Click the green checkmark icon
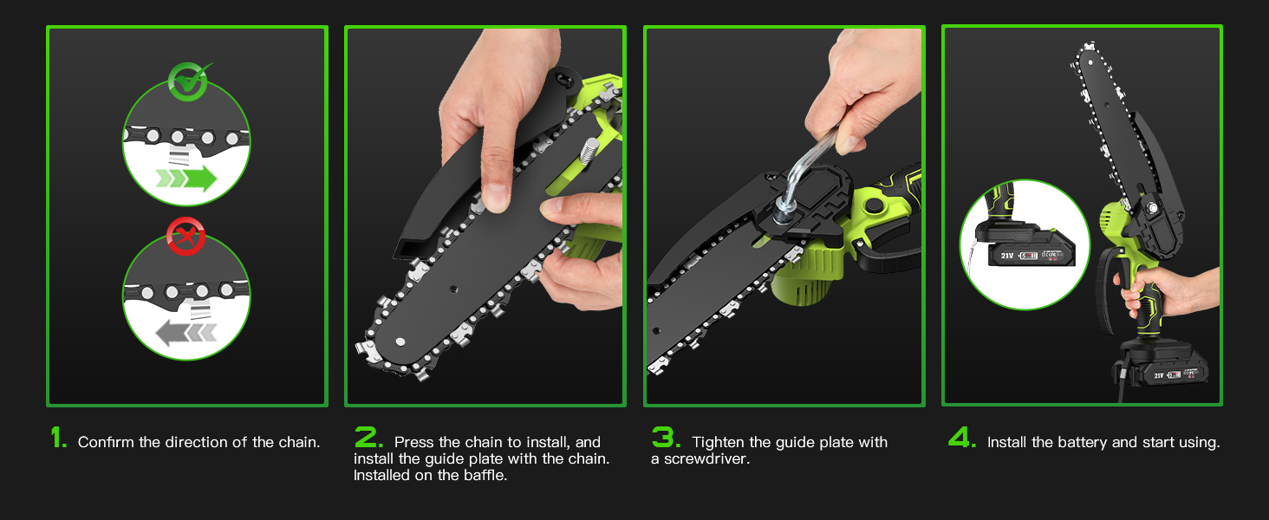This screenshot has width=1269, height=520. (189, 81)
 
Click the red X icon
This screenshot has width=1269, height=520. (185, 237)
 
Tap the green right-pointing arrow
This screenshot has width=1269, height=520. (186, 179)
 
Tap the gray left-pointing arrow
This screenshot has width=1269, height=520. (185, 333)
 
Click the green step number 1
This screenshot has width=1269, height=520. (58, 438)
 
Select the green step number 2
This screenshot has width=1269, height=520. (368, 438)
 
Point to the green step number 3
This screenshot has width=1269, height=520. (666, 438)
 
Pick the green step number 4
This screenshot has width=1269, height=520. (962, 438)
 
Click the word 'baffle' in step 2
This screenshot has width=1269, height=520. (485, 475)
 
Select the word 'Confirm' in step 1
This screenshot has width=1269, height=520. (106, 442)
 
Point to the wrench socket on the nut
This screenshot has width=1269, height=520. (784, 209)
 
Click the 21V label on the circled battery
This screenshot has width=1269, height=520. (1006, 256)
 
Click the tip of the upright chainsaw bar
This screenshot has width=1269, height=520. (1089, 45)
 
